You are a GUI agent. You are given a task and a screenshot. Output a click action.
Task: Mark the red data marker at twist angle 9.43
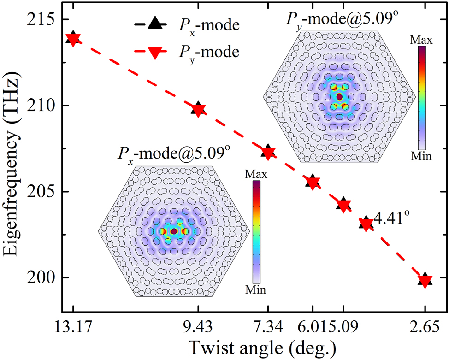click(x=199, y=110)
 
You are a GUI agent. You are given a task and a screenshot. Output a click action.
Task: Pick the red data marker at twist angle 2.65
click(x=425, y=281)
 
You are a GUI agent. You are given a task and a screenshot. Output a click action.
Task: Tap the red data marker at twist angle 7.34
click(x=268, y=152)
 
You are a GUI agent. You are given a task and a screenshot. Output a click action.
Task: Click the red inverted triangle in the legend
click(x=156, y=53)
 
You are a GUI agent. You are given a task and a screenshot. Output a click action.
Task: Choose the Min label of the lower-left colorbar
click(x=256, y=290)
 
